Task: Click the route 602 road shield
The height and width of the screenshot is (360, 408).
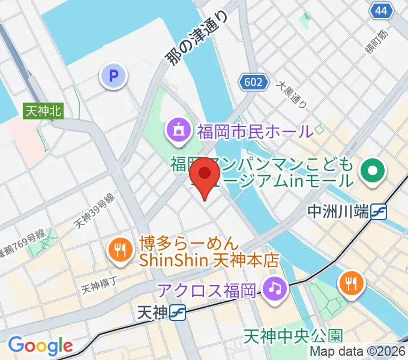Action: (253, 82)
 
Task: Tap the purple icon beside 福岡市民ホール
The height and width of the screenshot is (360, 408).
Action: (178, 130)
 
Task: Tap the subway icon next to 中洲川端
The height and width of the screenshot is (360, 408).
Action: (379, 211)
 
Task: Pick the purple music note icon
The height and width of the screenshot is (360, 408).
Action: (275, 289)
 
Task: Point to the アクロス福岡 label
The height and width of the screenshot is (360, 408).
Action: (207, 290)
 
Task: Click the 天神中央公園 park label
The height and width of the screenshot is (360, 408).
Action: (293, 335)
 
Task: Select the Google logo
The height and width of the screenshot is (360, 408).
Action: (40, 346)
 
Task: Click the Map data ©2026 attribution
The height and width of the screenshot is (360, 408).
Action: (358, 351)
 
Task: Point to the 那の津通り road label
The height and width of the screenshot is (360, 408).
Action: (197, 40)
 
